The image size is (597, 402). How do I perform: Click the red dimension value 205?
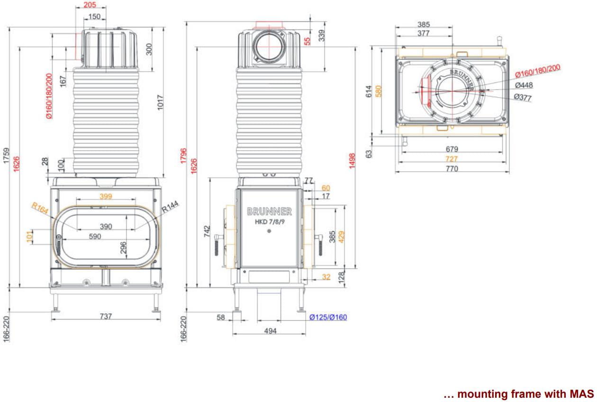pos(90,5)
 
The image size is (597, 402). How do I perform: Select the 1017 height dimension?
pos(160,102)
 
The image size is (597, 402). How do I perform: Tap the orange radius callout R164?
pos(40,208)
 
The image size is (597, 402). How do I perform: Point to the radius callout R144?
pos(170,206)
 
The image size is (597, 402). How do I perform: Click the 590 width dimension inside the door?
pos(95,237)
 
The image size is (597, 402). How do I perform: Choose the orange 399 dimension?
pos(106,196)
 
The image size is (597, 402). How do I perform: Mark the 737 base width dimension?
pos(106,316)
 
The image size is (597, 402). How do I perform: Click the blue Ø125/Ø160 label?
pos(328,317)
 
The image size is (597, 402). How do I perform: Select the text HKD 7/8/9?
pos(270,222)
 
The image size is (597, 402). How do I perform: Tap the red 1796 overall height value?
pos(184,155)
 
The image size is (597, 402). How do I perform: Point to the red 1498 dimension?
pos(352,161)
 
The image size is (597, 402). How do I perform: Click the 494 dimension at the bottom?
pos(270,331)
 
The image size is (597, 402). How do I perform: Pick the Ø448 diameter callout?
pos(524,85)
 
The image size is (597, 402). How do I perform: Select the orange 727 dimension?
pos(452,159)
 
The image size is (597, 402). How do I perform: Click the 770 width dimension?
pos(452,168)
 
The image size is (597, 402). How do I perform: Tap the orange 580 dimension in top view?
pos(379,91)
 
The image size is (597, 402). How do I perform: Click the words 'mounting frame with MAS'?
pos(525,394)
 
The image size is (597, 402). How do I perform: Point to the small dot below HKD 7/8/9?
pos(269,231)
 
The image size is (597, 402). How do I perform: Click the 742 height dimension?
pos(207,231)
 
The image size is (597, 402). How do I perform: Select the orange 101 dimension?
pos(29,237)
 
